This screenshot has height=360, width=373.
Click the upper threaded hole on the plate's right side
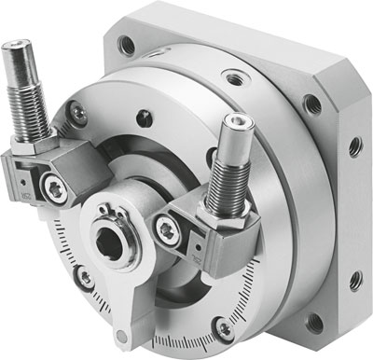(x=353, y=146)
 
